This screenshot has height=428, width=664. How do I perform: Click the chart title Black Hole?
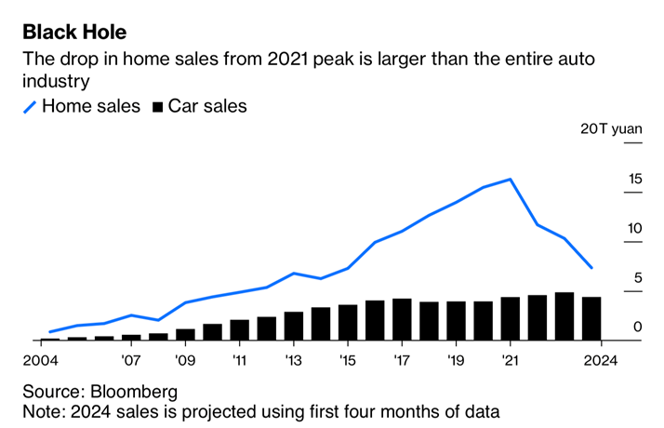pos(74,33)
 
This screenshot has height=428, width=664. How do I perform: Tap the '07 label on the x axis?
pos(131,359)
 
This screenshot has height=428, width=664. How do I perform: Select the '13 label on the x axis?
pos(294,359)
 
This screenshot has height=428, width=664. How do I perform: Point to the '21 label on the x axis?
pos(510,359)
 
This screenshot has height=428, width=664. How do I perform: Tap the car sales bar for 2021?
pos(511,319)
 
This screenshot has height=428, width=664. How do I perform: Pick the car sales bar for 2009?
pos(185,334)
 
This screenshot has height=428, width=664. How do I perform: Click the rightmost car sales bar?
pos(591,318)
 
